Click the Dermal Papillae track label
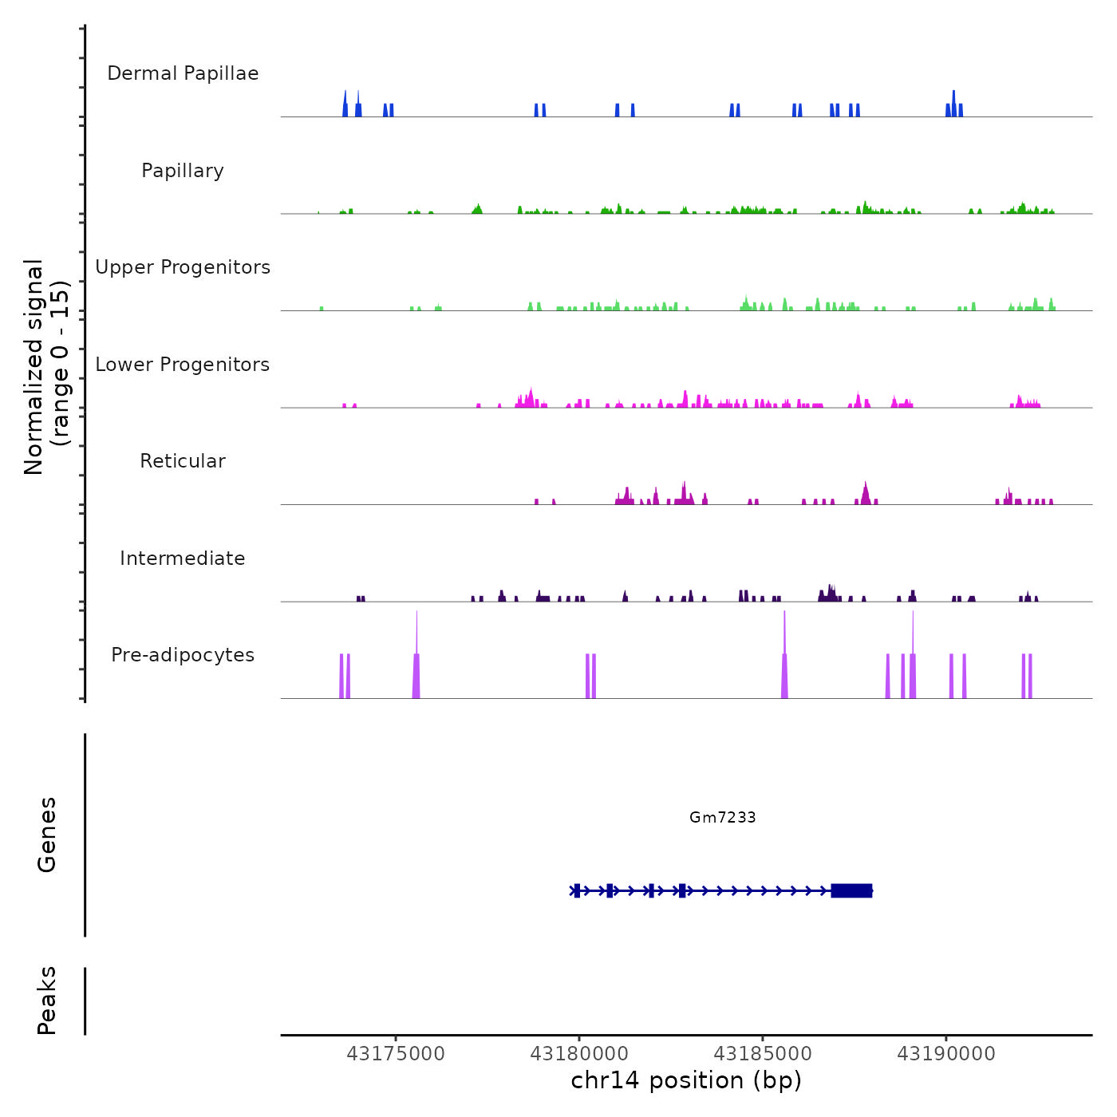[x=183, y=73]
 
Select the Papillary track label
[x=183, y=171]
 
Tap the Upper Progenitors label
[x=183, y=267]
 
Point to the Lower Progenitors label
[x=183, y=365]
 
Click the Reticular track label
[x=183, y=461]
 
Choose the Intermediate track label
[x=183, y=558]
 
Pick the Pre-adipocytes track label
[x=183, y=655]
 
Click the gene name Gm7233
[x=723, y=817]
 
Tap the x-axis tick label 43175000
[x=396, y=1054]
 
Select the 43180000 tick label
[x=579, y=1054]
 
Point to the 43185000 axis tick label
[x=763, y=1054]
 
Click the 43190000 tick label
[x=946, y=1054]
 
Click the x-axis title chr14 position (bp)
[x=686, y=1080]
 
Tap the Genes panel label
[x=46, y=835]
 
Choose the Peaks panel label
[x=46, y=1001]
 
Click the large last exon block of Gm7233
[x=851, y=890]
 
